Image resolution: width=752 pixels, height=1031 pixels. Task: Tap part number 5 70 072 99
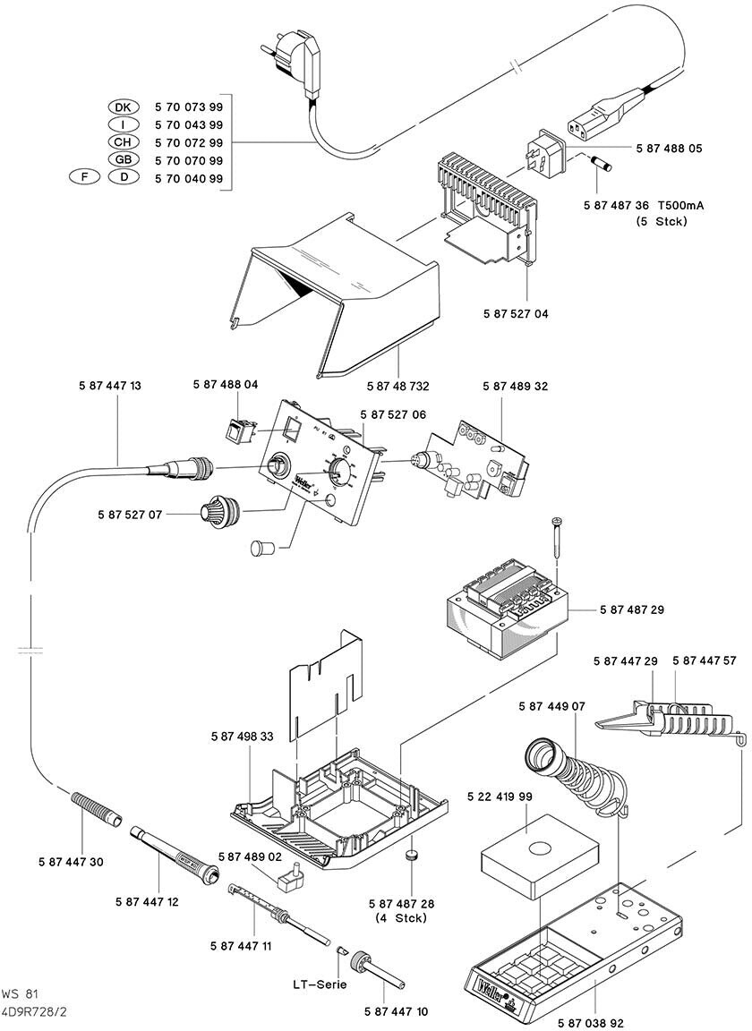click(189, 142)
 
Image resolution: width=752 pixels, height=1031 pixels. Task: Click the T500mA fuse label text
click(680, 205)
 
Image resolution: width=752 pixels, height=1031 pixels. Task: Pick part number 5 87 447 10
click(397, 1011)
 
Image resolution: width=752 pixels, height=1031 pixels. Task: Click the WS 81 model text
click(20, 993)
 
